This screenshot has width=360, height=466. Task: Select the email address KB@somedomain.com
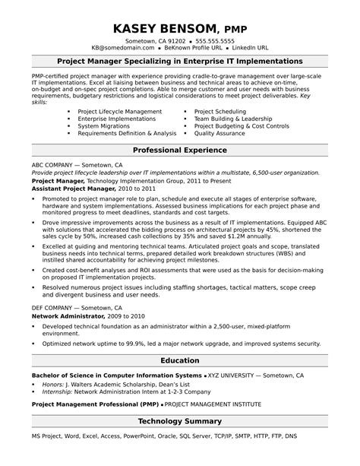[x=125, y=47]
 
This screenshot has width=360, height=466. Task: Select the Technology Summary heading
[x=179, y=420]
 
